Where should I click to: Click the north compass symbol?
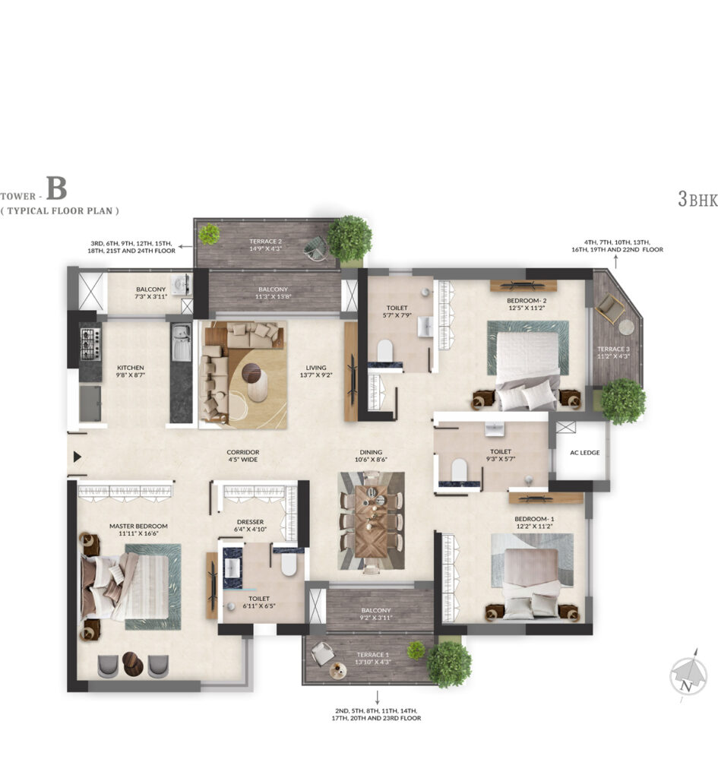point(688,674)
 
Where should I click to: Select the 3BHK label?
point(697,200)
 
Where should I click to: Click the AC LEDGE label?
point(584,453)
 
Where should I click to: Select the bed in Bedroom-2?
point(528,363)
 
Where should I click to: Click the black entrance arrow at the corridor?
point(76,457)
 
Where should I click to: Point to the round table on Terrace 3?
point(625,327)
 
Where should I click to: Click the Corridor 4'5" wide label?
point(242,456)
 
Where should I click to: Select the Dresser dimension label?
point(249,530)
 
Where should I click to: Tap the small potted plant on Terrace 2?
point(209,234)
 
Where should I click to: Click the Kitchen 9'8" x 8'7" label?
point(131,372)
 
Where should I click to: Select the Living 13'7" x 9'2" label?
point(317,372)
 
